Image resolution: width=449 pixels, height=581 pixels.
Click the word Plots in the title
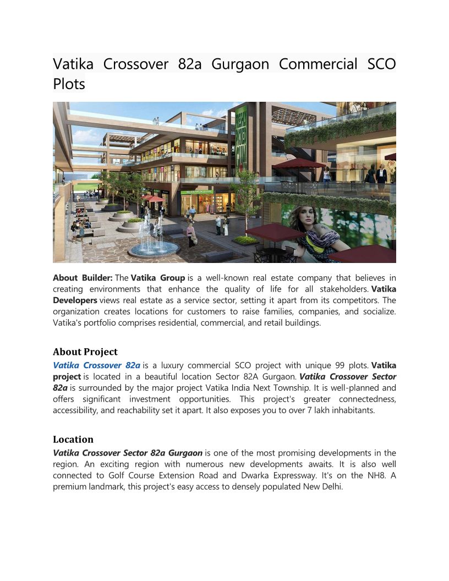[x=69, y=84]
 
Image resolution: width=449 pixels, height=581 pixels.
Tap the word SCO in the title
[x=381, y=64]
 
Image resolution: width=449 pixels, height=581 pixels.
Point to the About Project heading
[x=85, y=352]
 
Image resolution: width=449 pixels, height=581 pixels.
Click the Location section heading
[x=73, y=439]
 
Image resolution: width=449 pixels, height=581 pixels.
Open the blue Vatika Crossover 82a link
[x=96, y=365]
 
